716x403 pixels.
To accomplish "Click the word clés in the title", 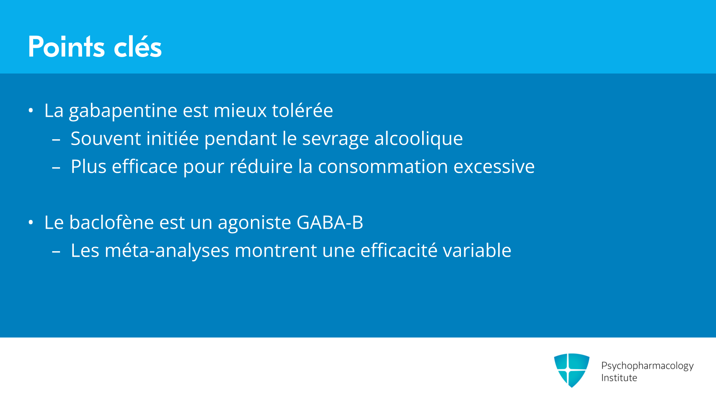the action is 138,47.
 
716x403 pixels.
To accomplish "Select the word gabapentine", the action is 123,111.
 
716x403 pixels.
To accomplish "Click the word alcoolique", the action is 418,139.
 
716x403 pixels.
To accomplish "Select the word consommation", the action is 383,166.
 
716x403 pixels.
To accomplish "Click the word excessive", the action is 494,166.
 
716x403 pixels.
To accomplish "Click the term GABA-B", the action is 330,222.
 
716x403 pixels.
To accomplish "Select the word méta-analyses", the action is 167,251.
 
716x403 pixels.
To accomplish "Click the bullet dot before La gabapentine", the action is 31,110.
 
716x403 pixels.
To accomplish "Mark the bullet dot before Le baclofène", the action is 31,222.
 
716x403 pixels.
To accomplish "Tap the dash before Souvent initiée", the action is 56,140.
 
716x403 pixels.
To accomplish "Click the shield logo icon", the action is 572,370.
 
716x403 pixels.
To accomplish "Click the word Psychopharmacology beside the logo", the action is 647,366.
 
